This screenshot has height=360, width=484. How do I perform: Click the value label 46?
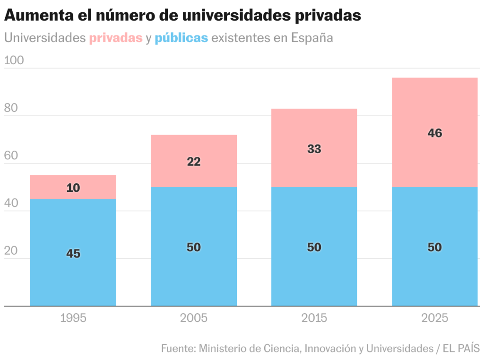pos(435,133)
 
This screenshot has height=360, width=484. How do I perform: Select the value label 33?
pos(314,149)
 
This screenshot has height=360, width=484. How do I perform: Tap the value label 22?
pos(193,162)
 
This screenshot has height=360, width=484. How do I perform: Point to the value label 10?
pos(73,188)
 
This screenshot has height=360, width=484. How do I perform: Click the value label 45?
pos(73,254)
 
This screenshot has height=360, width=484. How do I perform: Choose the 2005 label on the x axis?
pos(193,318)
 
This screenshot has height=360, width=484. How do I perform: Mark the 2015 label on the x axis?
pos(314,318)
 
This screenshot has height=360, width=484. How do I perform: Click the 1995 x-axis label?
pos(73,318)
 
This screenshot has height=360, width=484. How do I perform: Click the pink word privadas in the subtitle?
pos(116,38)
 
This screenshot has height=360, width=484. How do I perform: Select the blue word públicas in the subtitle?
pos(181,38)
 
